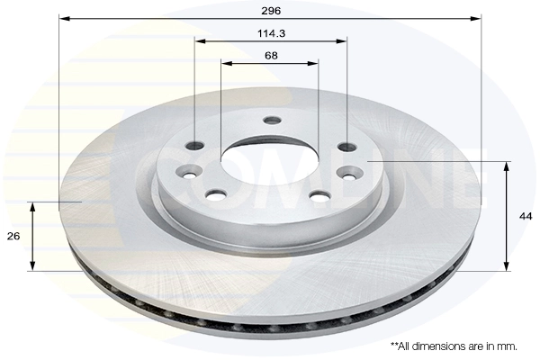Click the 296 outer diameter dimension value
tap(270, 10)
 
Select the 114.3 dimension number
tap(270, 33)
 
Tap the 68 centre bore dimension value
tap(270, 55)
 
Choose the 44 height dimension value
tap(525, 216)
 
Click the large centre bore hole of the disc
tap(269, 162)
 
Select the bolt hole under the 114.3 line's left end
tap(195, 147)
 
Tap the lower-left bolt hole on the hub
tap(216, 193)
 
